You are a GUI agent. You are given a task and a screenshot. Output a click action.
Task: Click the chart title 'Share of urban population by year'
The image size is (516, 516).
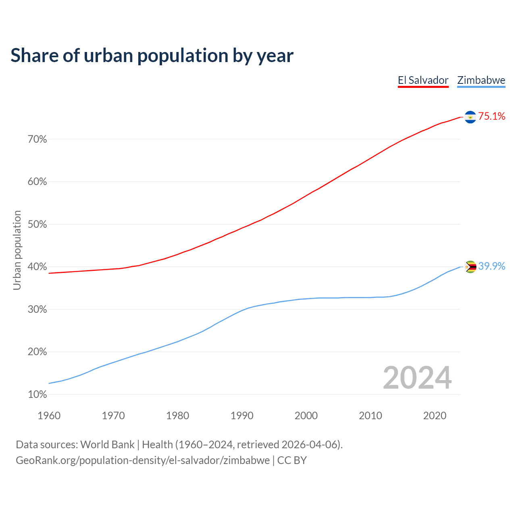coord(152,56)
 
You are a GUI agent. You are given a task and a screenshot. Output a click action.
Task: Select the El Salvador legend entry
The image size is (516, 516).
coord(423,80)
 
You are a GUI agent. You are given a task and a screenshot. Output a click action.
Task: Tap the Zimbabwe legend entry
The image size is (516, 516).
coord(481,80)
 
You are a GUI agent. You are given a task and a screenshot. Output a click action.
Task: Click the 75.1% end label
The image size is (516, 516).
coord(492,117)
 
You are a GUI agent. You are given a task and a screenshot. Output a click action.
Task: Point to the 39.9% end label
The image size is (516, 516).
coord(492,266)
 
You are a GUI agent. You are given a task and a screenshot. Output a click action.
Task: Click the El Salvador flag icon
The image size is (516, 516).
coord(470,117)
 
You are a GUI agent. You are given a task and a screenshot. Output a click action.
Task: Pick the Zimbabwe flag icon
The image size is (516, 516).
coord(470,267)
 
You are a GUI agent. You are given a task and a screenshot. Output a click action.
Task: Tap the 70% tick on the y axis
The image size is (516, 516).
coord(37,139)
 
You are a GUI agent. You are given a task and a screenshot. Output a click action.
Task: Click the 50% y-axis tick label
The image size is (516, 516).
coord(37,225)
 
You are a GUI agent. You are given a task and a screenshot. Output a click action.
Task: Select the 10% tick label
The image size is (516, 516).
coord(37,395)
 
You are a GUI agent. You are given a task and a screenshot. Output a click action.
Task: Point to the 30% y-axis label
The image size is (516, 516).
coord(37,310)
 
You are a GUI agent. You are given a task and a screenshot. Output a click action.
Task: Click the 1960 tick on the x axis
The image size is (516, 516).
coord(49,416)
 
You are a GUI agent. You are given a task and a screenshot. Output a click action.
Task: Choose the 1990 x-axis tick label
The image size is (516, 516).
coord(242,416)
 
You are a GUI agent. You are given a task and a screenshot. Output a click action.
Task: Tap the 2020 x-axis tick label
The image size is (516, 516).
coord(435,416)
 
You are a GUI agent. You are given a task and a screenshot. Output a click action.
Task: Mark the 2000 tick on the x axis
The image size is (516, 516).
coord(306,416)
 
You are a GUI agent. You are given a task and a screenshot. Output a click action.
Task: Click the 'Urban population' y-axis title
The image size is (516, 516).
coord(17,250)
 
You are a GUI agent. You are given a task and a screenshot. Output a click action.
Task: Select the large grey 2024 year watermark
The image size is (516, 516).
coord(417,378)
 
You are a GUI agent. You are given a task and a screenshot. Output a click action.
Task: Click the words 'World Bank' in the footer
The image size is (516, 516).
coord(107,445)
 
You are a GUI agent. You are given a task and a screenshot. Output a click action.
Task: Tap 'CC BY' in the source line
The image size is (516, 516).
coord(292,460)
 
